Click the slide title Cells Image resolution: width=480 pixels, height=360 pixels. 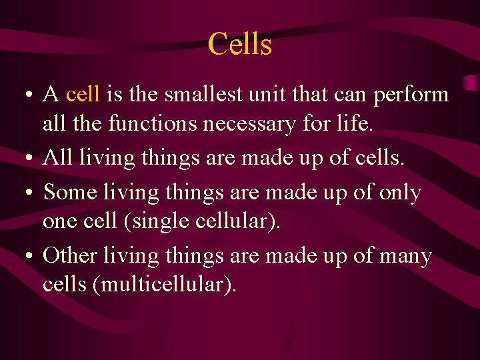[x=240, y=45]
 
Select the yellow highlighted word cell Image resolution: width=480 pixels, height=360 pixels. [x=83, y=95]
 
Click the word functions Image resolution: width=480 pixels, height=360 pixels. [x=157, y=123]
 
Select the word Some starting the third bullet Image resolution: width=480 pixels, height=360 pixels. [x=71, y=193]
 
